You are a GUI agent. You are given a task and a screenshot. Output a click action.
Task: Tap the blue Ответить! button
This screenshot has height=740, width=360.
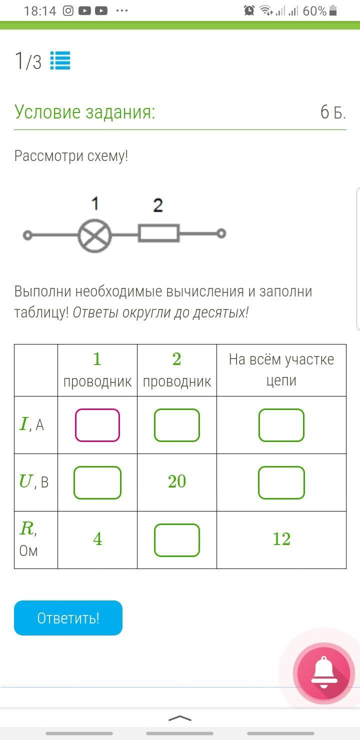coord(68,618)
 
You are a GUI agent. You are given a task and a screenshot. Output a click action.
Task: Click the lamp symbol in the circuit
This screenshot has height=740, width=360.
coord(94,234)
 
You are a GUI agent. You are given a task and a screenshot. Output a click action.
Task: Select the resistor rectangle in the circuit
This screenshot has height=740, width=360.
coord(158,233)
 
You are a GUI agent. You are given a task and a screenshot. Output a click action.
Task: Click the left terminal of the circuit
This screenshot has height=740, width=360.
coord(28,235)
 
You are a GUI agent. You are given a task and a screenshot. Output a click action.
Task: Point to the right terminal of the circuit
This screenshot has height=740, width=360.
coord(221,233)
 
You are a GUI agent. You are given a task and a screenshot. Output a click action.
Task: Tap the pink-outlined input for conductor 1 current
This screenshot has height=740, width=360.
coord(97,425)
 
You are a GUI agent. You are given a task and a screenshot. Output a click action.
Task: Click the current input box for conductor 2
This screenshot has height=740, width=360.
coord(177,425)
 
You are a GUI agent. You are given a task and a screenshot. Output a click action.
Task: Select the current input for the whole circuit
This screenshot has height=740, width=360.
coord(281,425)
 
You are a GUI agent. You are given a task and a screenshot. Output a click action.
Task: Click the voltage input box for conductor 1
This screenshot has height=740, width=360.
coord(97,482)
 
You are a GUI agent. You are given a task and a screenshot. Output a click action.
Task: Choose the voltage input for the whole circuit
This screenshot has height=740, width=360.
coord(281,482)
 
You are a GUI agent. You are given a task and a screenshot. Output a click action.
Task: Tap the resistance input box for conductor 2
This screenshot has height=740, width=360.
coord(177,540)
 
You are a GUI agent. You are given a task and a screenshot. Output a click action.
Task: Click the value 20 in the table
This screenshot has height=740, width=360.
coord(177,481)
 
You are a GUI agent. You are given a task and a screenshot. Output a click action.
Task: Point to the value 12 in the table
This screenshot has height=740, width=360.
coord(281,539)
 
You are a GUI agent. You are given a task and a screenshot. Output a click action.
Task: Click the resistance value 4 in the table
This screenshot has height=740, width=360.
coord(97,539)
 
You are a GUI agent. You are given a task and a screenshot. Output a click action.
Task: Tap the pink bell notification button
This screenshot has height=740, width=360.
coord(323,673)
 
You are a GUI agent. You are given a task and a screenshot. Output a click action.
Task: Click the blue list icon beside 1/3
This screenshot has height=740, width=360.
coord(60,61)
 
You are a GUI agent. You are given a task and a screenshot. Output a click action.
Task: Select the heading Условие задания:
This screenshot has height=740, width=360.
coord(85,112)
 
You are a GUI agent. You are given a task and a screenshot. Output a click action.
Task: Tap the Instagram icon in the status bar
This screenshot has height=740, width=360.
coord(68,10)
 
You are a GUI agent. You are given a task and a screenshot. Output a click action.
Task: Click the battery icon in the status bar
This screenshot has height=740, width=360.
coord(333,10)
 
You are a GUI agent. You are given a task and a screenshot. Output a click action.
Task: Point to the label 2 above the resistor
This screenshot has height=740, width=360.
coord(158,205)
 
